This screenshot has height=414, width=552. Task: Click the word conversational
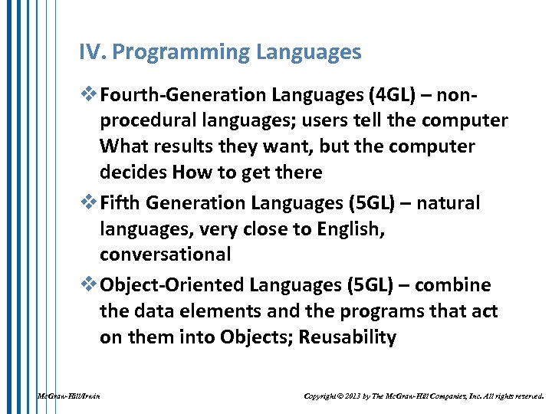click(165, 254)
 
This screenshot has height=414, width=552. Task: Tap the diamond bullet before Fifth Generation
click(87, 203)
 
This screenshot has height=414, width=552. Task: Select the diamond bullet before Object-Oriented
click(87, 285)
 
